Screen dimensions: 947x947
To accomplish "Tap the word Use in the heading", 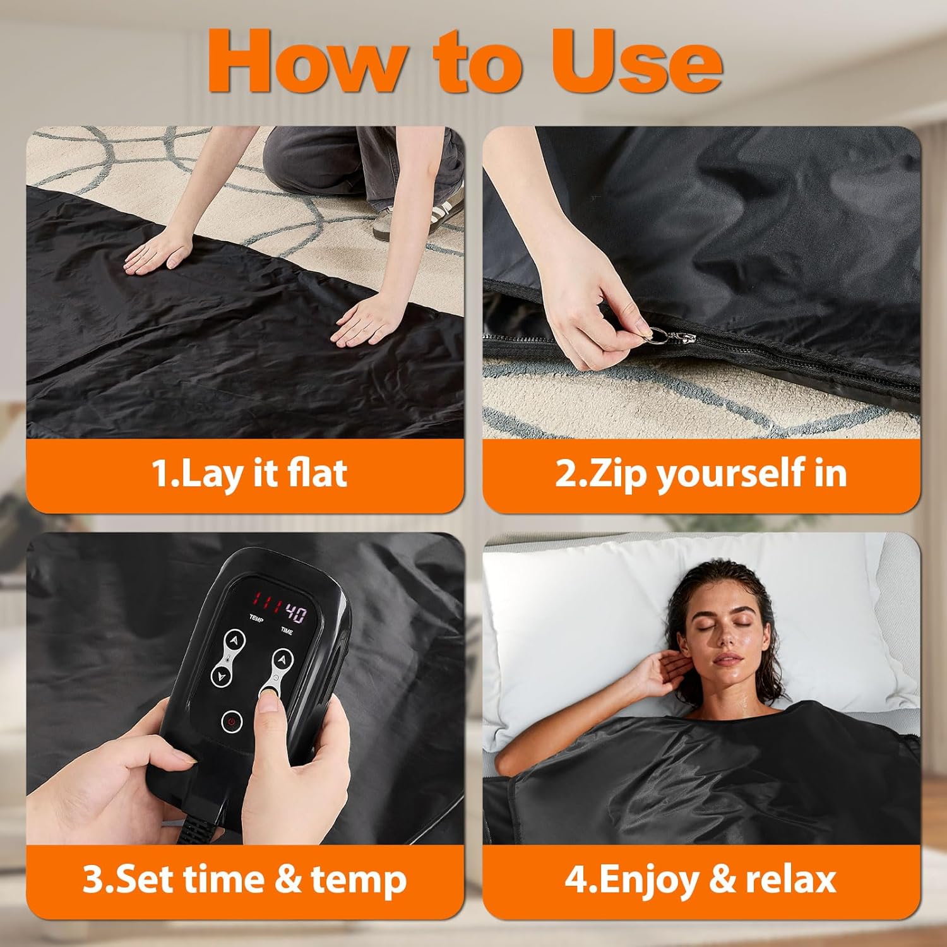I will coord(638,61).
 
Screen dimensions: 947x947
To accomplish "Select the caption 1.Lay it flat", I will coord(249,473).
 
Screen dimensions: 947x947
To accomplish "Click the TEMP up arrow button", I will coord(235,640).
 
